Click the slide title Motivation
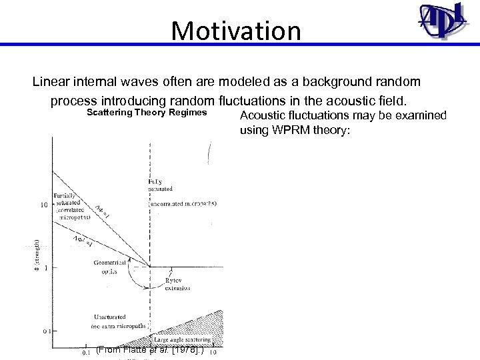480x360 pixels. coord(236,30)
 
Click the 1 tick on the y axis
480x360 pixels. coord(46,268)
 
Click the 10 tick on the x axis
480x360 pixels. coord(213,353)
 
